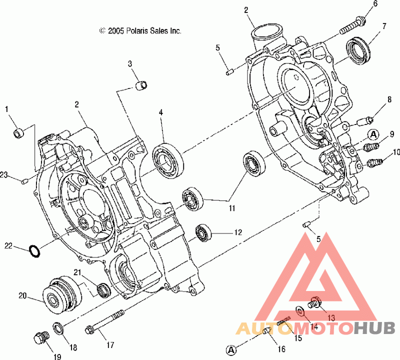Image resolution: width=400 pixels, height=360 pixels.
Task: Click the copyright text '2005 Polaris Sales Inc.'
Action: tap(144, 31)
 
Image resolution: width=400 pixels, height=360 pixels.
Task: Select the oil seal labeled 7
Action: tap(358, 49)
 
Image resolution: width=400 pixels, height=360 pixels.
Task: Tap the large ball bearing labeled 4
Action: tap(168, 161)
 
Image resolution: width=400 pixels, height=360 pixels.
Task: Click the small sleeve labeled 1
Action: tap(18, 133)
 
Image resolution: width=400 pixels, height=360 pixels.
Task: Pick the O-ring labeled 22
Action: tap(34, 251)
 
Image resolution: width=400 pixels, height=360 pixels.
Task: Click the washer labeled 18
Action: tap(58, 328)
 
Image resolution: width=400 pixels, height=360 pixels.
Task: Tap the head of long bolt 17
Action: tap(89, 330)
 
